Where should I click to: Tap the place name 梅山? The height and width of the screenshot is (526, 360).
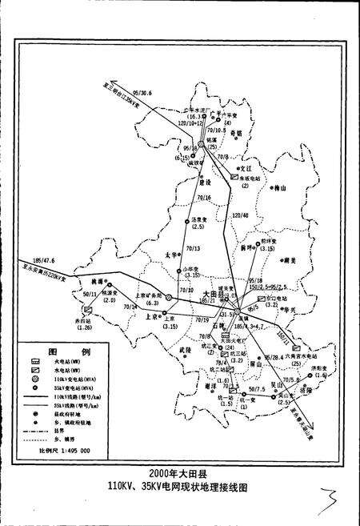tap(280, 190)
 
